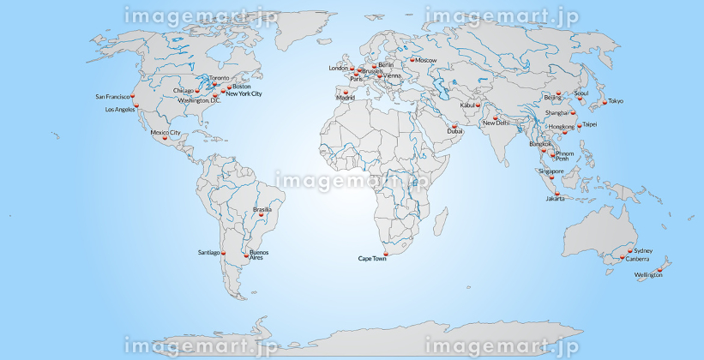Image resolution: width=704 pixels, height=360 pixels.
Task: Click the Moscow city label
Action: click(x=426, y=61)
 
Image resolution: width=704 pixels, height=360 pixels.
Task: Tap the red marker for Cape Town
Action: click(x=387, y=253)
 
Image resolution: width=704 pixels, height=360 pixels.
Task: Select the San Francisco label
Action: click(x=111, y=97)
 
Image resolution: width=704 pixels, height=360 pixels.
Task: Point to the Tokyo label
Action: click(x=616, y=102)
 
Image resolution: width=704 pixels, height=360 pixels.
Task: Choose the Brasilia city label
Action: click(x=262, y=209)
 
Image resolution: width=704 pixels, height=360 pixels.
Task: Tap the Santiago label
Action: click(x=209, y=253)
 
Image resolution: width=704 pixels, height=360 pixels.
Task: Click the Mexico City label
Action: click(x=165, y=133)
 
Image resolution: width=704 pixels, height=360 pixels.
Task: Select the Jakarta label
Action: click(x=555, y=199)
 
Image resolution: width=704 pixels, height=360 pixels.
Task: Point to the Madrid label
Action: click(x=346, y=99)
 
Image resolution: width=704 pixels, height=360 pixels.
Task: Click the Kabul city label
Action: click(x=468, y=105)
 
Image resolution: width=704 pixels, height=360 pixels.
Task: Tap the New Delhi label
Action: click(x=496, y=123)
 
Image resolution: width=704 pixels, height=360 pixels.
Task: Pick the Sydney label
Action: click(x=643, y=251)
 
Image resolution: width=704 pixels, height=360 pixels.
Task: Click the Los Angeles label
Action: click(x=120, y=111)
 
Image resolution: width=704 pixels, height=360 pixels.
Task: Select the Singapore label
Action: click(x=551, y=171)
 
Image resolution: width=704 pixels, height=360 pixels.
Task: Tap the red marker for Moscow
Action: click(x=412, y=59)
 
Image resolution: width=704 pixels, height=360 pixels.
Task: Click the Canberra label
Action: click(x=637, y=259)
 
